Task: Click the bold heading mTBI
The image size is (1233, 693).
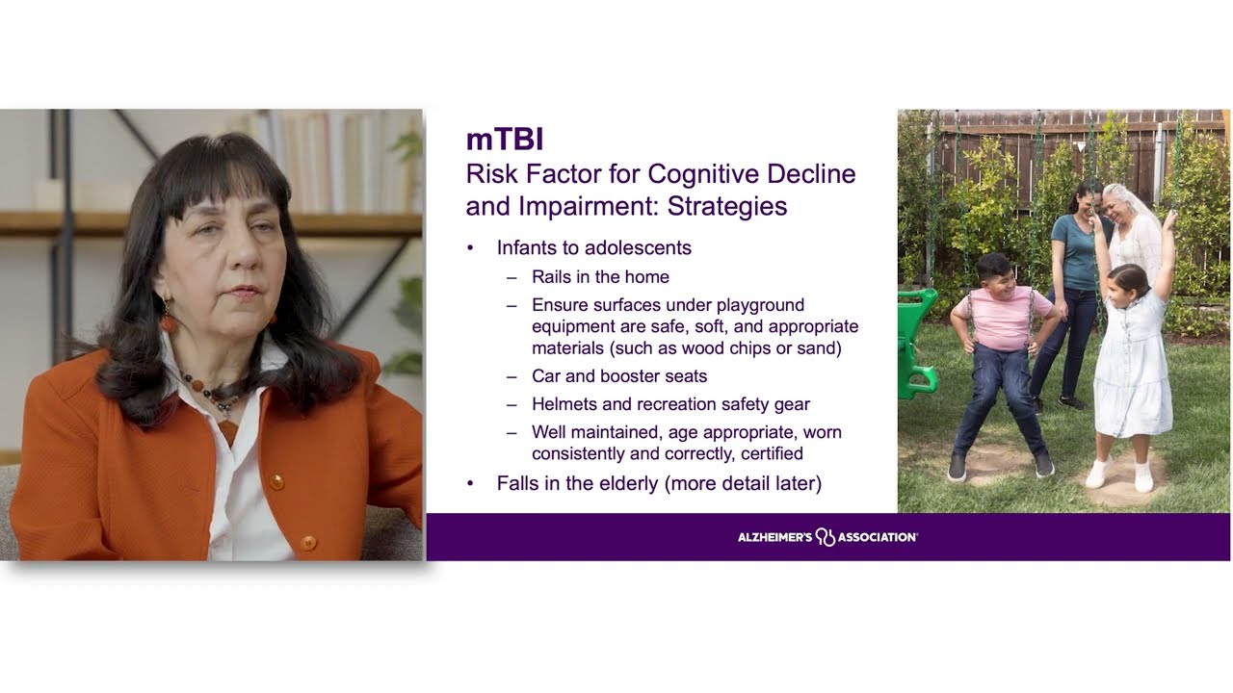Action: pos(505,140)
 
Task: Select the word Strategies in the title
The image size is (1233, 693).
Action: pos(727,207)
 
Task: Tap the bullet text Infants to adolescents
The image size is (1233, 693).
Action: pos(594,248)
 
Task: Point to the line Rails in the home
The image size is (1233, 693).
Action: pos(600,277)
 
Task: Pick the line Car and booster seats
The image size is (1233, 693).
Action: pos(619,376)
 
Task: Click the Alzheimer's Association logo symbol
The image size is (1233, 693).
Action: pos(825,537)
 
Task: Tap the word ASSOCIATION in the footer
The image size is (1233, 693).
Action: pos(877,537)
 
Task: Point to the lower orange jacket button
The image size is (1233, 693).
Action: pos(308,543)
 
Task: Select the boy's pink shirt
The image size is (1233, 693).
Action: pos(1002,319)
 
